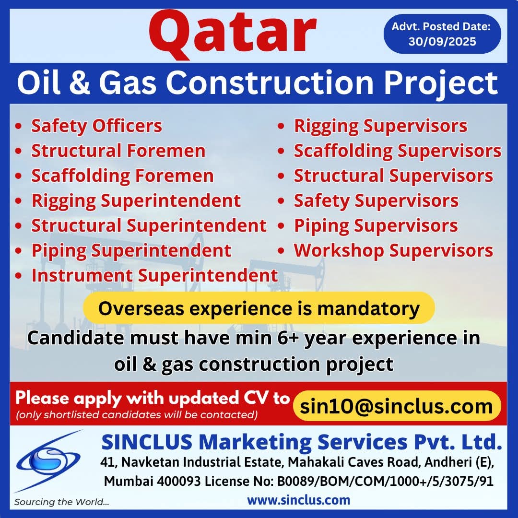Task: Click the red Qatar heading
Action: pyautogui.click(x=233, y=34)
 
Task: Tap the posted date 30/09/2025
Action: pyautogui.click(x=442, y=42)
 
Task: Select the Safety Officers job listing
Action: pyautogui.click(x=96, y=126)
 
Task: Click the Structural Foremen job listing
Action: pyautogui.click(x=118, y=151)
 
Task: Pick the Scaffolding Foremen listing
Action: pyautogui.click(x=122, y=176)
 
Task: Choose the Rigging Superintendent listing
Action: pyautogui.click(x=136, y=201)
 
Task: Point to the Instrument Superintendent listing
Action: pyautogui.click(x=154, y=275)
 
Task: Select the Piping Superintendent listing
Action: pyautogui.click(x=131, y=251)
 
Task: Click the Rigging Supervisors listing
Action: pyautogui.click(x=380, y=126)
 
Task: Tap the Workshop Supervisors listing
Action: pyautogui.click(x=393, y=251)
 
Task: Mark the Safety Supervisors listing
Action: pyautogui.click(x=377, y=201)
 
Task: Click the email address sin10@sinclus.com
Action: pyautogui.click(x=397, y=406)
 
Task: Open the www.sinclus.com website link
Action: pyautogui.click(x=299, y=500)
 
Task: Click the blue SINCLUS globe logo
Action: pyautogui.click(x=48, y=461)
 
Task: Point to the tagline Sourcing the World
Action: pyautogui.click(x=61, y=502)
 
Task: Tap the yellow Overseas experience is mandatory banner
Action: pyautogui.click(x=259, y=308)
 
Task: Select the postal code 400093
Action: pyautogui.click(x=179, y=482)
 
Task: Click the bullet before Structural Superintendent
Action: pyautogui.click(x=19, y=226)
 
